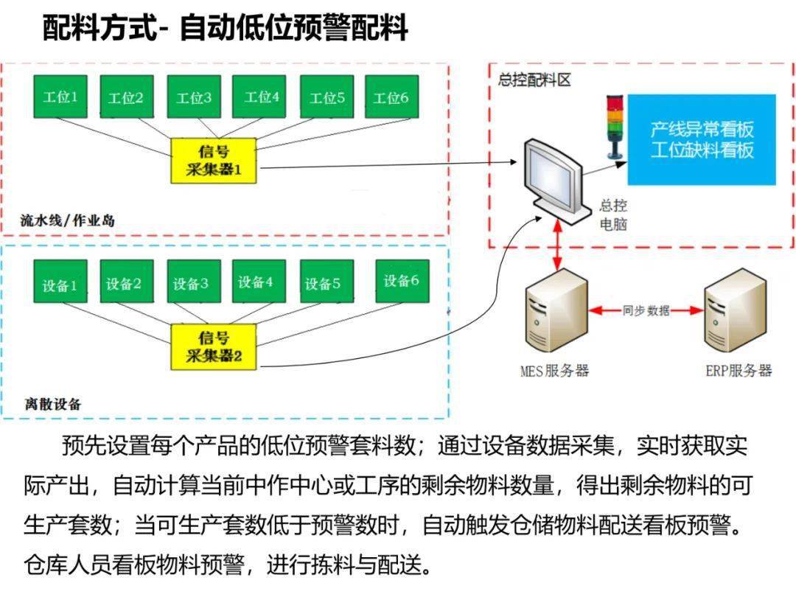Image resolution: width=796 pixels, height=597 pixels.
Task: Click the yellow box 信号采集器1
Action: pos(214,161)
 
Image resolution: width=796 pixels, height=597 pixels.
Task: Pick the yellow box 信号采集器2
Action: pos(214,346)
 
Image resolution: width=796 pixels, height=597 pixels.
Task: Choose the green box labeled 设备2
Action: pos(124,283)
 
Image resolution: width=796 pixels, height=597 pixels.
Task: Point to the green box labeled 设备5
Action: pos(324,283)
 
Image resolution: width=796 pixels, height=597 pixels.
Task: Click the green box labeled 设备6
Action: pos(401,281)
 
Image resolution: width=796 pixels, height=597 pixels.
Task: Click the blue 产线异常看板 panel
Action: pos(702,139)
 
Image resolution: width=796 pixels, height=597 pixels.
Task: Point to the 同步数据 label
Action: pos(646,310)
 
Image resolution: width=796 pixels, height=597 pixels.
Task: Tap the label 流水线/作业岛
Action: pos(68,220)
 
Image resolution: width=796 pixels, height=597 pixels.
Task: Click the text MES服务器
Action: pos(554,371)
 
